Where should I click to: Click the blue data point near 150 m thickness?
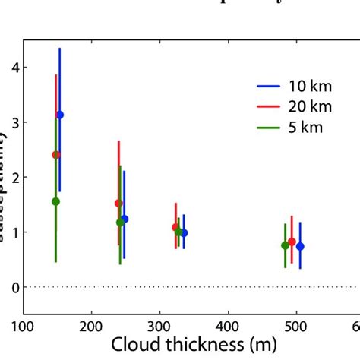[60, 115]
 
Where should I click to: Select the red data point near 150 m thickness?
[55, 155]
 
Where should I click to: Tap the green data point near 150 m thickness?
[55, 201]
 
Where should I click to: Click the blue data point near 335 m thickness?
[184, 233]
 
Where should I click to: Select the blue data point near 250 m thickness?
[125, 219]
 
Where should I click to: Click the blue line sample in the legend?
[267, 85]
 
